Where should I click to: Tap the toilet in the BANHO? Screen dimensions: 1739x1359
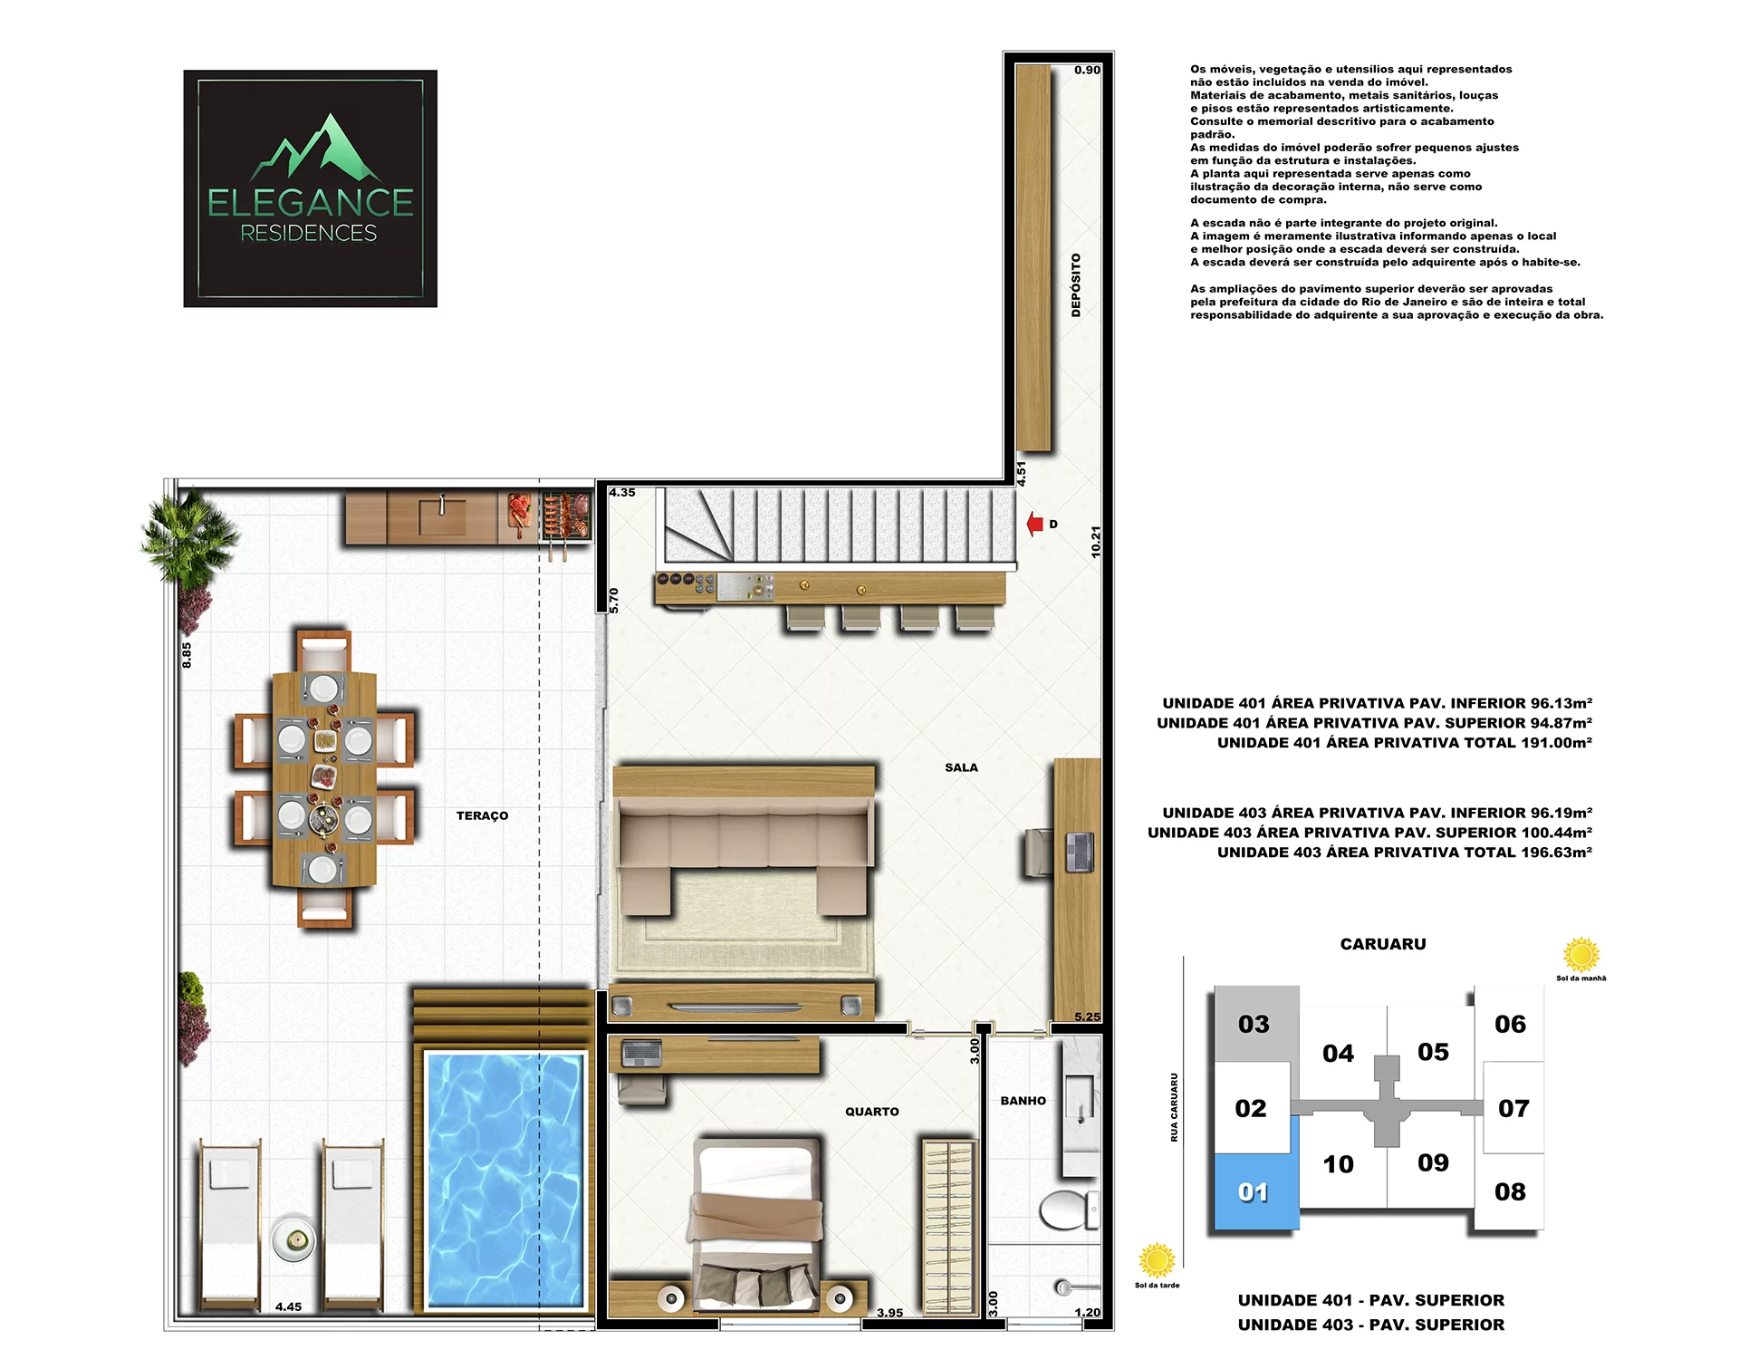click(1068, 1210)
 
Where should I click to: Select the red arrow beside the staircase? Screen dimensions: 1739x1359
click(1034, 524)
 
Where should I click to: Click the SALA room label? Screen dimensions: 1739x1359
click(961, 767)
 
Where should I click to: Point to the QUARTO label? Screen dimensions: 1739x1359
click(871, 1112)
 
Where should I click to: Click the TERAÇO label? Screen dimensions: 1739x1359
click(482, 815)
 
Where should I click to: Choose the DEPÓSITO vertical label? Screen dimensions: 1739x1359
click(1076, 284)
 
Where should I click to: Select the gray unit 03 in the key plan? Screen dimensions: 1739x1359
click(1256, 1024)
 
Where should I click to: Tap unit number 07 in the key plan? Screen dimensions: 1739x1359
click(1513, 1108)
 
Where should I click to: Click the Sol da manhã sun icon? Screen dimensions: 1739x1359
click(1581, 954)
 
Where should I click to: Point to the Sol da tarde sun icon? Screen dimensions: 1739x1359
click(1157, 1260)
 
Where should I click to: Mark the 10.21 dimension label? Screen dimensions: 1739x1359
click(1096, 542)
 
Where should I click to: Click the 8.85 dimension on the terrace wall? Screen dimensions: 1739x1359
click(187, 655)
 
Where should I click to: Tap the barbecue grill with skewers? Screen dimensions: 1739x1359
click(566, 517)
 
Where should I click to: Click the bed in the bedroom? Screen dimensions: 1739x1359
click(756, 1223)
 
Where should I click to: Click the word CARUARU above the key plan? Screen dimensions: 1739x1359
click(1383, 944)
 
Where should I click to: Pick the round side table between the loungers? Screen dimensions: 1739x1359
click(294, 1239)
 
